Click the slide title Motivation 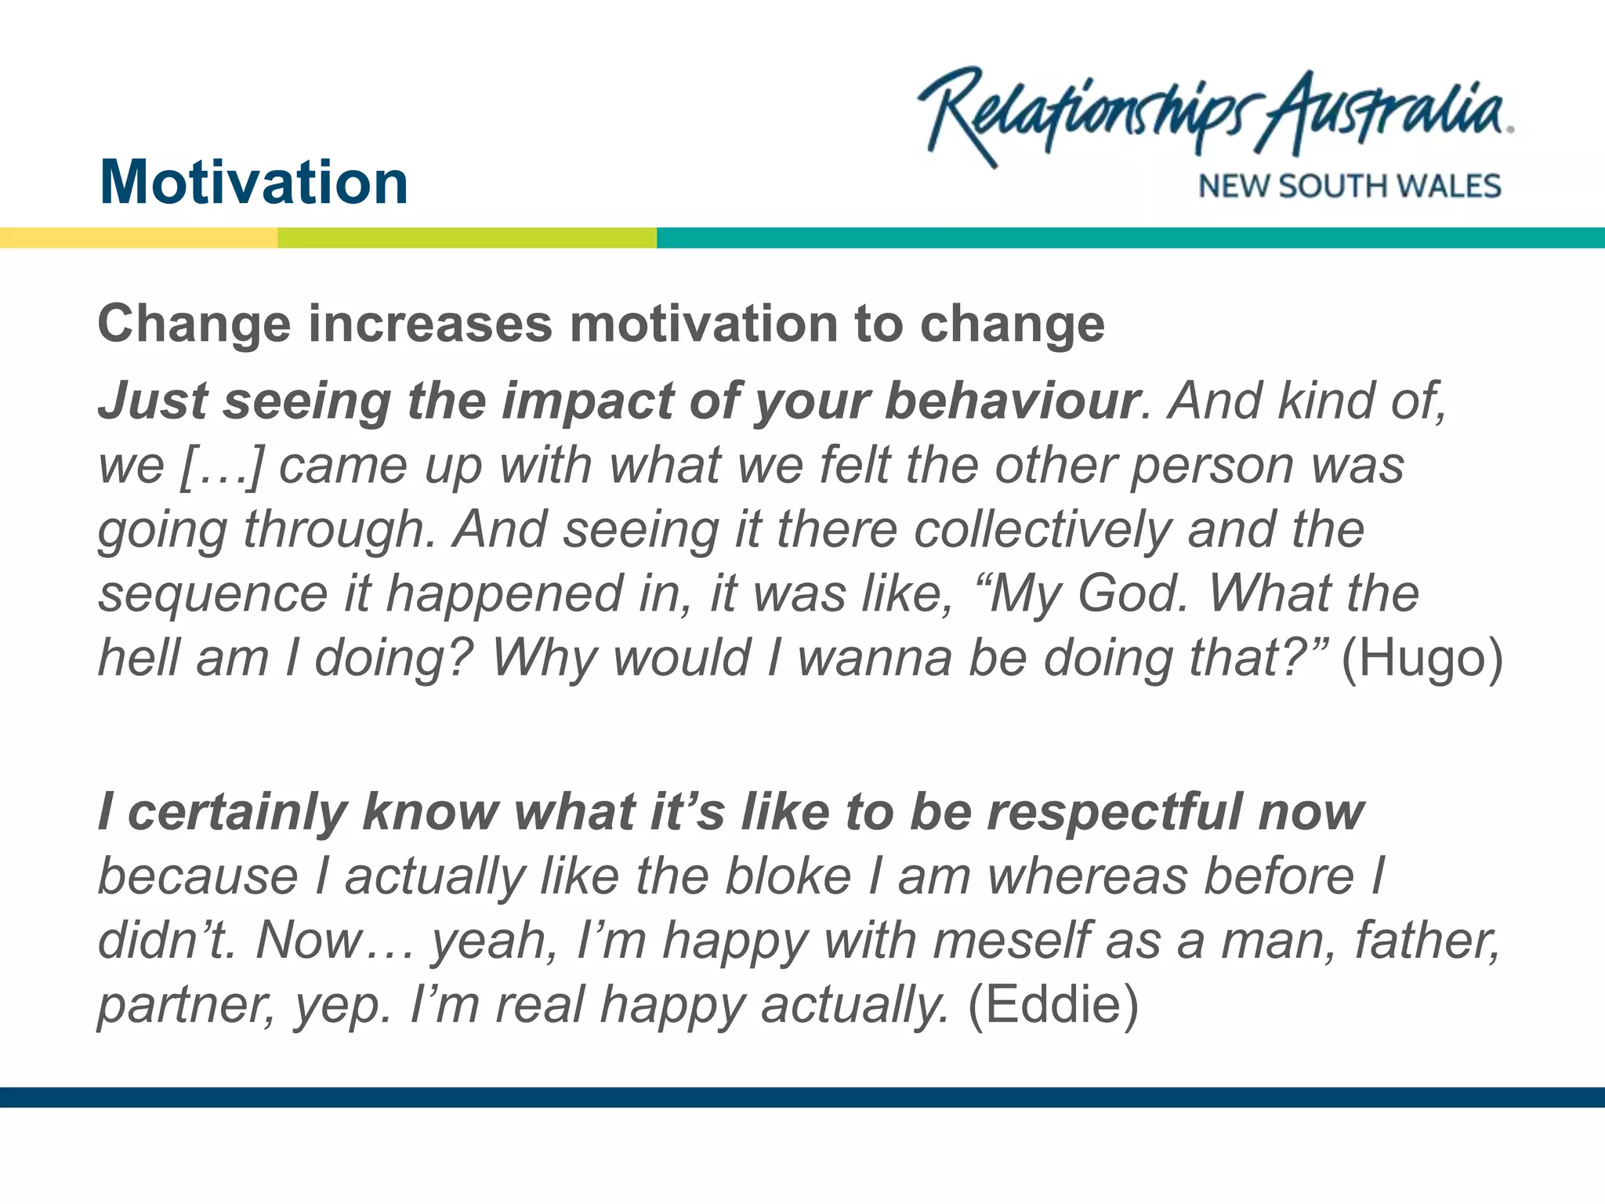[x=254, y=183]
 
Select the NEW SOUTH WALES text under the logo [x=1349, y=187]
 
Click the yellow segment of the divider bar [x=138, y=238]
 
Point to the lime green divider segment [x=467, y=238]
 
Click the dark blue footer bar [x=802, y=1097]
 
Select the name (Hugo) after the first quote [x=1422, y=658]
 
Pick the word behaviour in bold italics [x=1011, y=401]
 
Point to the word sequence [x=212, y=594]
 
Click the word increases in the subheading [x=430, y=325]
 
